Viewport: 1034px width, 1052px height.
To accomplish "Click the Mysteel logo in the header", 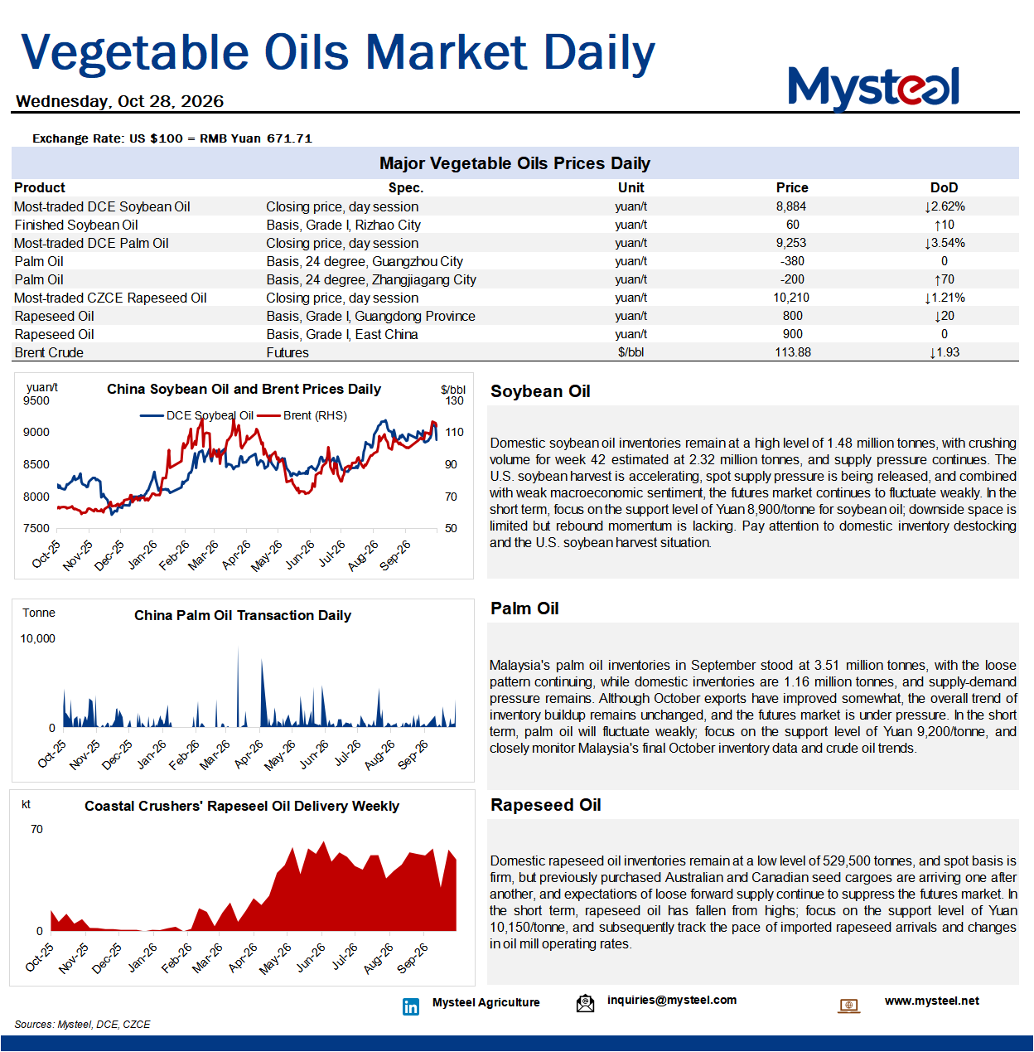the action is click(x=873, y=87).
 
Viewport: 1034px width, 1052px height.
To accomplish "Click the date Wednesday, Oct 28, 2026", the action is click(x=119, y=101).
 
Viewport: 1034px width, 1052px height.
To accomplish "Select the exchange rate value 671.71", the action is click(x=289, y=138).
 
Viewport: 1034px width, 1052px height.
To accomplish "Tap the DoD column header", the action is click(x=944, y=188).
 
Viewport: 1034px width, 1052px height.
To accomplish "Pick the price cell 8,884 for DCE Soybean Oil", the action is click(x=791, y=206).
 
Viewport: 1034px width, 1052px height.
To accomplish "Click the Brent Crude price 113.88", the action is click(x=793, y=352).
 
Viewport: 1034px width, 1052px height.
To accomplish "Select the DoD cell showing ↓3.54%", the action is click(x=945, y=243).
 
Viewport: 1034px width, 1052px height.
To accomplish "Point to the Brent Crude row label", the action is click(x=49, y=352).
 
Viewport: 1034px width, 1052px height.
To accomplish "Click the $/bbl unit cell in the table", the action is click(x=631, y=352).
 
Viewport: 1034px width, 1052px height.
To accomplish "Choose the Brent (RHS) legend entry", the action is click(x=302, y=415).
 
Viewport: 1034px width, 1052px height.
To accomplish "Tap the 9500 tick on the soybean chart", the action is click(x=36, y=400).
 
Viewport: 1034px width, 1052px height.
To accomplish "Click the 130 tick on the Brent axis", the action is click(x=454, y=400).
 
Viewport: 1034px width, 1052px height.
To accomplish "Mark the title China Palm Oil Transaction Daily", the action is click(x=243, y=615).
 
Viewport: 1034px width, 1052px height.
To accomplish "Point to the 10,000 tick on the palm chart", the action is click(x=37, y=638).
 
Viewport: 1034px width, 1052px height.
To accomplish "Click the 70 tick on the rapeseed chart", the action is click(x=36, y=829).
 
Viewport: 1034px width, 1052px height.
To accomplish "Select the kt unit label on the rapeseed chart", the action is click(x=26, y=804).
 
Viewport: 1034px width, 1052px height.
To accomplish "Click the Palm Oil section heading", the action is click(x=524, y=608).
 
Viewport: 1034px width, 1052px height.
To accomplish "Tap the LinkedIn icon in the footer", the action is click(x=411, y=1006).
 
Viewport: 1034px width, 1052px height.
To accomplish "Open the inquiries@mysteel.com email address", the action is click(x=672, y=1000).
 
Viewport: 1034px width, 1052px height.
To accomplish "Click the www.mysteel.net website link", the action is click(x=932, y=1001).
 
